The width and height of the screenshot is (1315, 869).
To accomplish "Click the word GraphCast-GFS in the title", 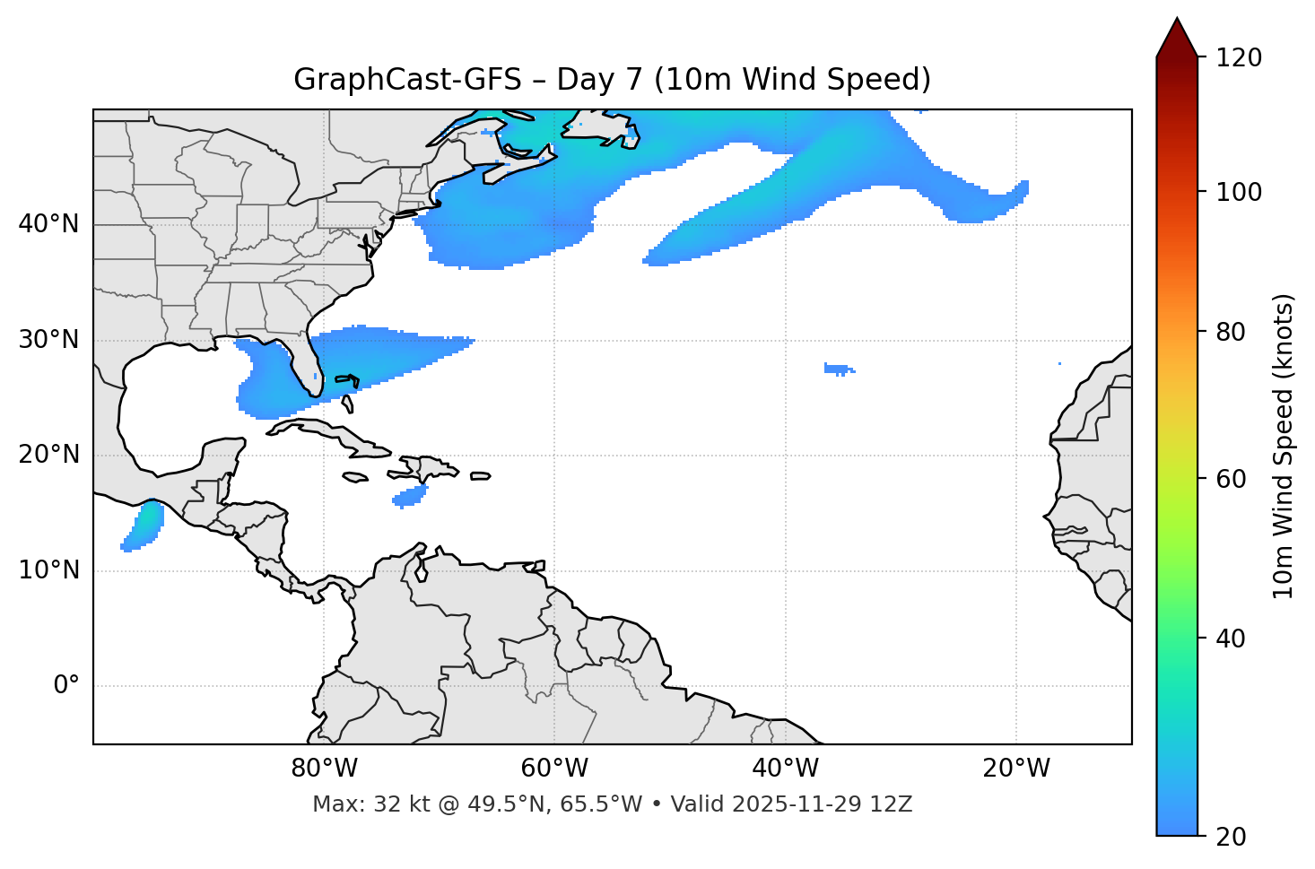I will [x=407, y=80].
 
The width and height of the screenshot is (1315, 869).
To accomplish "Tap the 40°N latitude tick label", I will [x=48, y=224].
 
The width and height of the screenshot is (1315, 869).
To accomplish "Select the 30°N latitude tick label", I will [x=48, y=340].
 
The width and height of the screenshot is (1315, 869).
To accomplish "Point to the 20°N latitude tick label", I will [x=48, y=455].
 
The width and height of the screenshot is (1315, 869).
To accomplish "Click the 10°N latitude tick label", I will [x=48, y=570].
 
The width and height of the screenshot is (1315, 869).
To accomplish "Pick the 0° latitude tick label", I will [x=66, y=686].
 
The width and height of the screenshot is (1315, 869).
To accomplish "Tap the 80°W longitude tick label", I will [x=324, y=769].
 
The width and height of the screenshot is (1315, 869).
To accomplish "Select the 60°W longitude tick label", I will [x=554, y=769].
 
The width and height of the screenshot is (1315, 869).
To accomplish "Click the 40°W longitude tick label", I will [x=785, y=769].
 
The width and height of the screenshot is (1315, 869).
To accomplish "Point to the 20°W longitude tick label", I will [x=1015, y=769].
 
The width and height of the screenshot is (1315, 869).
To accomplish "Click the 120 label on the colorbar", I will [x=1239, y=58].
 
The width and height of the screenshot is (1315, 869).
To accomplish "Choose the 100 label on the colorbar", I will [x=1239, y=192].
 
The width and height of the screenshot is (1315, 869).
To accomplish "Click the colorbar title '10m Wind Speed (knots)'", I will [x=1284, y=446].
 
